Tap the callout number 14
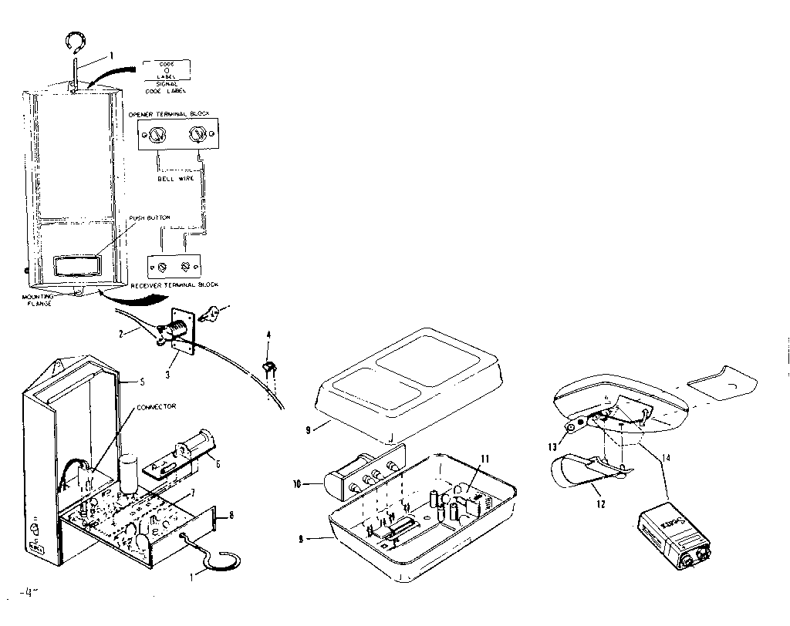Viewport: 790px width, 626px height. pyautogui.click(x=666, y=458)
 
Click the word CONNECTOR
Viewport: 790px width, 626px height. pyautogui.click(x=156, y=406)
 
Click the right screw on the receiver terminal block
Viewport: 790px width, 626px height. pyautogui.click(x=185, y=266)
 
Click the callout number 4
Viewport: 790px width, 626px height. pyautogui.click(x=268, y=335)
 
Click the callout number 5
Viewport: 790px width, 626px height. pyautogui.click(x=142, y=381)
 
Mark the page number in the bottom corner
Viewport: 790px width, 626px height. pyautogui.click(x=25, y=594)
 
